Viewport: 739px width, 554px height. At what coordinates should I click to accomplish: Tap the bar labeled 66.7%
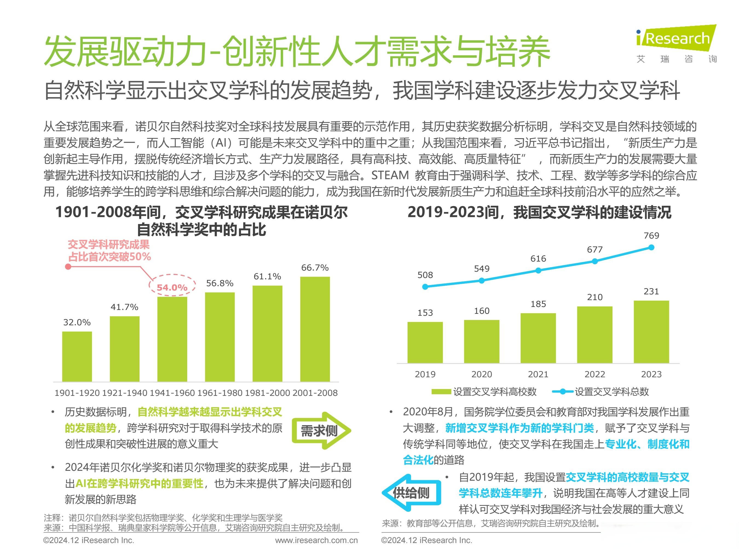[x=315, y=329]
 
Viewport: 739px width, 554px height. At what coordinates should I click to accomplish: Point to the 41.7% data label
[x=124, y=307]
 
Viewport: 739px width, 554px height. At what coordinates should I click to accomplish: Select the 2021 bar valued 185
[x=538, y=338]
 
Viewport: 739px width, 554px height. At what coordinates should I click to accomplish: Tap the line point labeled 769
[x=651, y=247]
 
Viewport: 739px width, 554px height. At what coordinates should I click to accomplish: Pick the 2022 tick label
[x=595, y=374]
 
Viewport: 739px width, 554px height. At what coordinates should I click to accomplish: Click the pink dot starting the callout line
[x=68, y=266]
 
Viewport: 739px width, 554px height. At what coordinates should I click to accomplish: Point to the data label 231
[x=651, y=292]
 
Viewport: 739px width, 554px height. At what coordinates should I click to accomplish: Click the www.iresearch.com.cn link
[x=316, y=540]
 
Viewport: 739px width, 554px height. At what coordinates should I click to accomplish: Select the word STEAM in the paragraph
[x=390, y=175]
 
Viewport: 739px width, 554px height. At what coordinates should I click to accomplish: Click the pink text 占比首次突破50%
[x=109, y=257]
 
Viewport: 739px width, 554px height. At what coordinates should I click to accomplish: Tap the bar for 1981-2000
[x=267, y=333]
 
